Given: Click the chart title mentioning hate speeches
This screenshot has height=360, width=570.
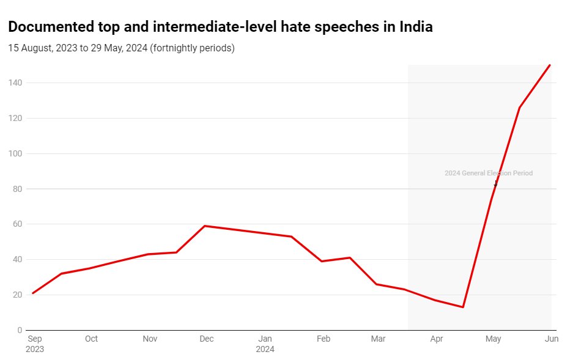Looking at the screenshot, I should [x=220, y=27].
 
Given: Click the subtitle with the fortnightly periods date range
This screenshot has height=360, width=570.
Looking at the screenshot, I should [x=121, y=48].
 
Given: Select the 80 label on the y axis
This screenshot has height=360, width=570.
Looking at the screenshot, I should [x=18, y=189].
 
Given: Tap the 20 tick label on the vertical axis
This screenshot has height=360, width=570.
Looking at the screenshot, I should [x=18, y=295].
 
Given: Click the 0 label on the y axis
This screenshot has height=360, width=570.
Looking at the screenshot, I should [x=20, y=330].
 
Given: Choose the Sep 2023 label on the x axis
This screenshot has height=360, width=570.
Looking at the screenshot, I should [x=35, y=344].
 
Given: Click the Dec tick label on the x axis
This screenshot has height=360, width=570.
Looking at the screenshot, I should [x=207, y=339].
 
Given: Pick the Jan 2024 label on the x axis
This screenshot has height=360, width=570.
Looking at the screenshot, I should [x=265, y=344].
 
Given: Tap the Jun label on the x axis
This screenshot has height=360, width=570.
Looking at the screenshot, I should [x=551, y=339].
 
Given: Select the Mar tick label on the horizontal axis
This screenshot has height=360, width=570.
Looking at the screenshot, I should [x=378, y=339].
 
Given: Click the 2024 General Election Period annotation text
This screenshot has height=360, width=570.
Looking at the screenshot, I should [x=488, y=173].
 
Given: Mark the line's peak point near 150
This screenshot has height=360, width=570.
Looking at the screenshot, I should [x=550, y=65].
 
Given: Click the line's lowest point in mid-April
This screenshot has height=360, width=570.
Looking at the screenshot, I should [x=463, y=307].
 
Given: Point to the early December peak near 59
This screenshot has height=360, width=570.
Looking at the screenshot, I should [x=204, y=226].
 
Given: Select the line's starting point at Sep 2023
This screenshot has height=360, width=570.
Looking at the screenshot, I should [x=32, y=293].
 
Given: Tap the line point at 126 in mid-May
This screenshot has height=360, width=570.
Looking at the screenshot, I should [x=519, y=108].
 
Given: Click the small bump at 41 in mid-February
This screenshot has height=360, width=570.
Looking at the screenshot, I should [x=349, y=257].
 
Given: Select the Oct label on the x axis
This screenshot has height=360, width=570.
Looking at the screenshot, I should [x=91, y=339].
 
